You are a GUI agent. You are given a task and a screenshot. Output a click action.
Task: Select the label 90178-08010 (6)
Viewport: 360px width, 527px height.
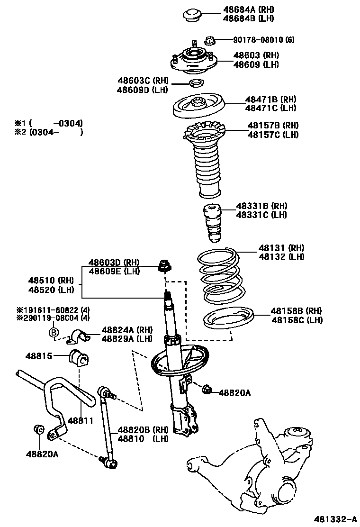pos(263,40)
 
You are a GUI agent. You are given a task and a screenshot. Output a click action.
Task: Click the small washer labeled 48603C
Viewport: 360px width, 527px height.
pos(196,84)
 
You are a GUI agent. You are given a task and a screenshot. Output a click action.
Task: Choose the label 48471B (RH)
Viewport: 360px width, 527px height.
pos(270,100)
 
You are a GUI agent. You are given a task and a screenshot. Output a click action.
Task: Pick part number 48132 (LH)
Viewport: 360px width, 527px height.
pos(281,256)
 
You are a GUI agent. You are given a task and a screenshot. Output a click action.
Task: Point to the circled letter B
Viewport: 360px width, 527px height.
pos(54,332)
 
